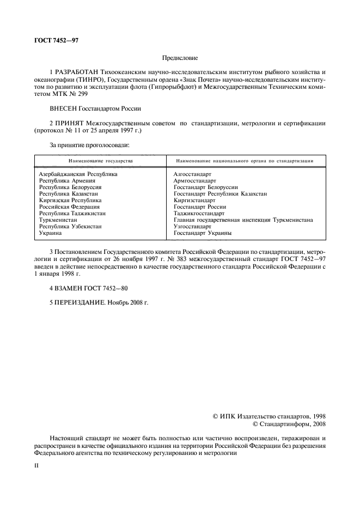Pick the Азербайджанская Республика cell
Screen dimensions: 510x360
tap(78, 174)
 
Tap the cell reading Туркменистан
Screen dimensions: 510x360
tap(58, 220)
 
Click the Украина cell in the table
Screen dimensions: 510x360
tap(51, 233)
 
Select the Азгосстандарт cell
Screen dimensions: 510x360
tap(192, 174)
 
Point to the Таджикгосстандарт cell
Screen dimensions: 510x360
tap(199, 213)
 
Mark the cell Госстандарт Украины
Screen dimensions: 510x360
tap(203, 233)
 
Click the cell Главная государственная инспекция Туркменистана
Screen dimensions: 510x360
tap(243, 220)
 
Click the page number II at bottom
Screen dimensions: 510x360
tap(36, 466)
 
